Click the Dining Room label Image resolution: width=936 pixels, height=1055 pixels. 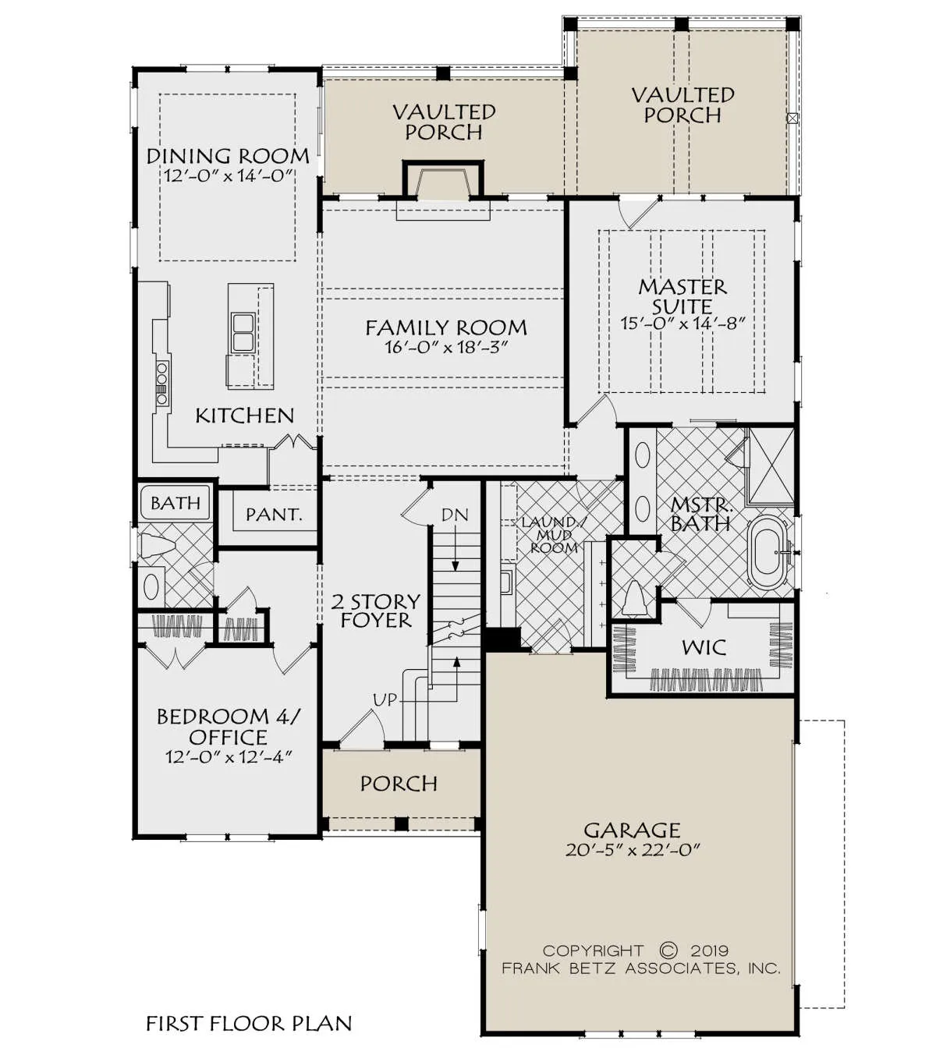pyautogui.click(x=228, y=156)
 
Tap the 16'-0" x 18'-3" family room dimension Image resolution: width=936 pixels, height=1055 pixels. pyautogui.click(x=446, y=347)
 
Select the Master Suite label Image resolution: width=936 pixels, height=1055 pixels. pyautogui.click(x=682, y=296)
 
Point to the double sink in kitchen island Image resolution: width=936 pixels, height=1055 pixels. pyautogui.click(x=243, y=331)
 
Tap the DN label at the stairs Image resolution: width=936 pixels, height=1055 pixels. pyautogui.click(x=455, y=515)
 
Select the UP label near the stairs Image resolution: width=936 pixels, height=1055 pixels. pyautogui.click(x=385, y=700)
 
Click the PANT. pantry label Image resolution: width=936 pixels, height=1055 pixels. pyautogui.click(x=274, y=515)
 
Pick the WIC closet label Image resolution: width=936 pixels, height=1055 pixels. pyautogui.click(x=704, y=648)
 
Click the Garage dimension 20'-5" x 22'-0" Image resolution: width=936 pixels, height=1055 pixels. pyautogui.click(x=633, y=851)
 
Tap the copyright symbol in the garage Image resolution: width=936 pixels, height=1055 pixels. pyautogui.click(x=668, y=951)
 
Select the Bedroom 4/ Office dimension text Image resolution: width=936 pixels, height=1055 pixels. pyautogui.click(x=229, y=756)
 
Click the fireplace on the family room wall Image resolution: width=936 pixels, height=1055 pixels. pyautogui.click(x=443, y=180)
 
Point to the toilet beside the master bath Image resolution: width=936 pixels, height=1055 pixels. pyautogui.click(x=634, y=599)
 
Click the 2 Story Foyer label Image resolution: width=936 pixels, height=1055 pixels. pyautogui.click(x=376, y=611)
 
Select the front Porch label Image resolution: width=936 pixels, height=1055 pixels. pyautogui.click(x=399, y=784)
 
